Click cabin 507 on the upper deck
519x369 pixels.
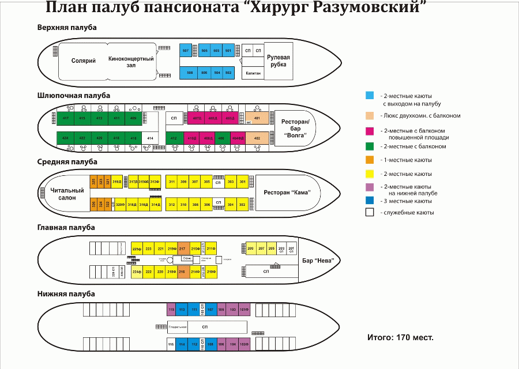(x=185, y=51)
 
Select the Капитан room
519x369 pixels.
(x=253, y=73)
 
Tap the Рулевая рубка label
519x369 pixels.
(x=278, y=61)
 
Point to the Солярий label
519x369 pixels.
(x=83, y=61)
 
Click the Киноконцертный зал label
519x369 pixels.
(x=131, y=62)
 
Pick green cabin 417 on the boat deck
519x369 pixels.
(x=66, y=118)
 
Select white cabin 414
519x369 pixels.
(x=150, y=138)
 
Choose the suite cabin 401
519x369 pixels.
(x=257, y=119)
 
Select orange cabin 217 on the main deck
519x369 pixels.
(x=183, y=248)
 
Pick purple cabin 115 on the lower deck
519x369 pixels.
(x=171, y=310)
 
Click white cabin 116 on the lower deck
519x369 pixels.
(x=171, y=345)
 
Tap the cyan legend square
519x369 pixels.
(x=369, y=95)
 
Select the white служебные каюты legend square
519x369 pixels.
(x=369, y=212)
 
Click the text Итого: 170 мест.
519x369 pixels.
(x=400, y=337)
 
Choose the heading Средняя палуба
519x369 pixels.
(x=67, y=162)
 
